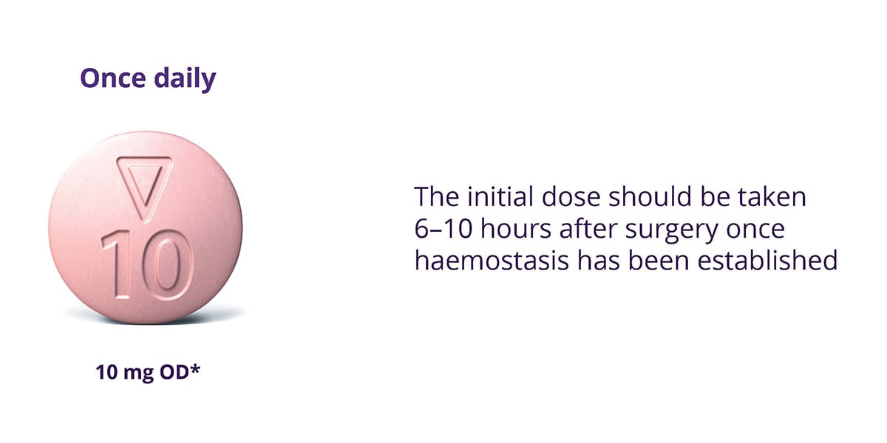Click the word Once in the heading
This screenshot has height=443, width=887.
click(x=112, y=78)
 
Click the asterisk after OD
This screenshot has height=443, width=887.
click(x=197, y=369)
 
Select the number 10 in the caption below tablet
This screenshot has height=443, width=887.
click(x=108, y=374)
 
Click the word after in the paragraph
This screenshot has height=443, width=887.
click(x=585, y=230)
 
